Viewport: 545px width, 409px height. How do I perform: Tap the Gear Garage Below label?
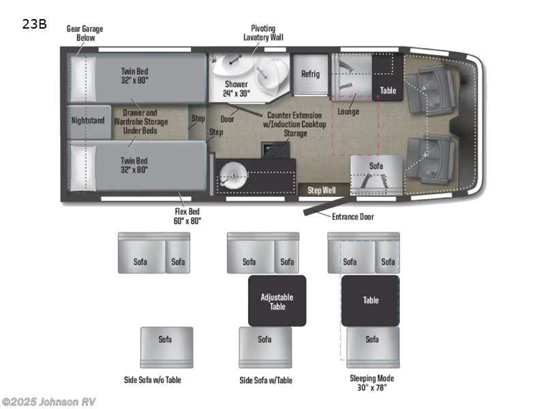80,33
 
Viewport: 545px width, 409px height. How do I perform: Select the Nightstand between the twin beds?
88,121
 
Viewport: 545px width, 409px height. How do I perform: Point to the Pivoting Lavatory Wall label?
263,33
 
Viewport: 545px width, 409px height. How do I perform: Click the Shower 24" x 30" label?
236,89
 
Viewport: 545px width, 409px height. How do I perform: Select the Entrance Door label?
353,217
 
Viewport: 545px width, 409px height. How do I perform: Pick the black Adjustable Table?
277,301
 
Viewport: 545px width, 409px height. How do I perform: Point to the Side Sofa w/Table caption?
265,380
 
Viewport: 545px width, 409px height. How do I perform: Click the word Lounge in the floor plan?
348,112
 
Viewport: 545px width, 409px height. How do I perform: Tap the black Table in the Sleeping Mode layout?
371,301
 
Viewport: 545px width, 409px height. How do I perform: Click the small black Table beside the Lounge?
388,90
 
